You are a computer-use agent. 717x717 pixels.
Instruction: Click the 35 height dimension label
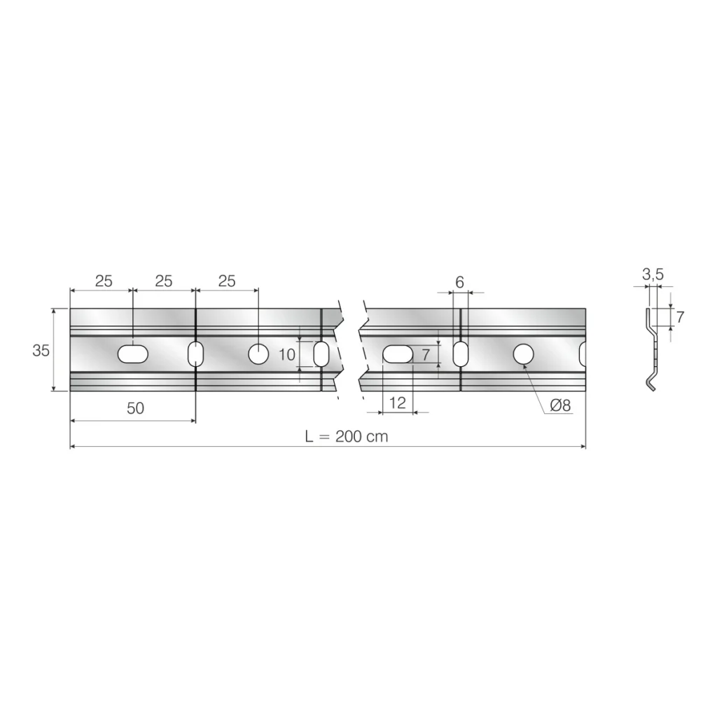pos(41,350)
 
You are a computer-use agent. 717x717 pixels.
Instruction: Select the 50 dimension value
pos(135,408)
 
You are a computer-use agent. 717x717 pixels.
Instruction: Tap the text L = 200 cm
pos(347,436)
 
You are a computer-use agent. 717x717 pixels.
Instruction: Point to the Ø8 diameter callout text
pos(560,405)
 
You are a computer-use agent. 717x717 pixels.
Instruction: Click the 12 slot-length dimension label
pos(397,403)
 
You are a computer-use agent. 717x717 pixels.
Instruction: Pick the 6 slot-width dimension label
pos(459,282)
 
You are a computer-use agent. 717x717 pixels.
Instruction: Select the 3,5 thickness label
pos(653,274)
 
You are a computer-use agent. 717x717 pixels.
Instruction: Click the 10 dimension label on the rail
pos(287,354)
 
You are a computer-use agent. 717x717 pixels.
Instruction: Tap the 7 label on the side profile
pos(680,316)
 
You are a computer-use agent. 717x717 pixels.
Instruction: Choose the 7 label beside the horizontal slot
pos(426,354)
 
